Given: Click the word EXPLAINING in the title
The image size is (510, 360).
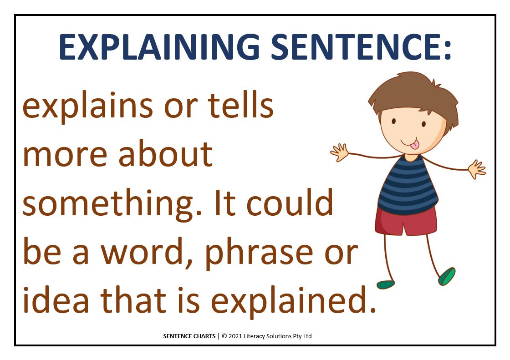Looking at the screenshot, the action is [159, 47].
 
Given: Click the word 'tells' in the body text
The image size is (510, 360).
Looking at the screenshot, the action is [240, 105].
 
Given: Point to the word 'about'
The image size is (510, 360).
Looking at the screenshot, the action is [166, 153].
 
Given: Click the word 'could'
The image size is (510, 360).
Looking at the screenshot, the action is [290, 202].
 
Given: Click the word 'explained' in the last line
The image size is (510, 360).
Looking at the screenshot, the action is [293, 302].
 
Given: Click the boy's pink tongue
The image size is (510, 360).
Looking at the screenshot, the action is [414, 144].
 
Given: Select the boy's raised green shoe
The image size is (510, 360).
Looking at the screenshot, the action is [447, 276].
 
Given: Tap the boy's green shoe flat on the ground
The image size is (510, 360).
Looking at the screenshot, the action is [386, 285].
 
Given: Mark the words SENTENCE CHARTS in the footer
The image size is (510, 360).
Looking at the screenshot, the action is [189, 336].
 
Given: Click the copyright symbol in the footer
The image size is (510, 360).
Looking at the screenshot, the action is [224, 336].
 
